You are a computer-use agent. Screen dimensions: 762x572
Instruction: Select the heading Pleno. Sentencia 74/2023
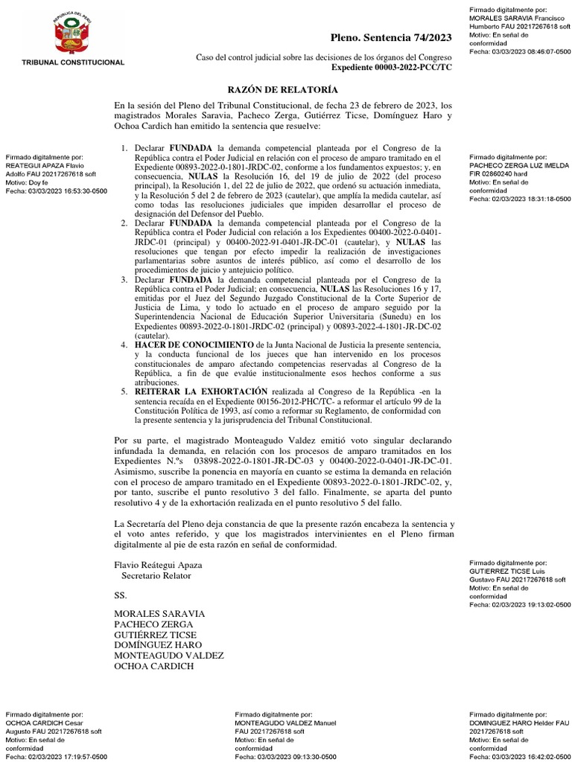pos(391,37)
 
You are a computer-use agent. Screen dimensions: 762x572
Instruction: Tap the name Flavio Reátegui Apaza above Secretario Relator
pos(157,565)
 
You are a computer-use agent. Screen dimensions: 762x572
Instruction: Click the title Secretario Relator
pos(156,575)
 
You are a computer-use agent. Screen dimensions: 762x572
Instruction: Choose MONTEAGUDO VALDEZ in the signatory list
pos(168,656)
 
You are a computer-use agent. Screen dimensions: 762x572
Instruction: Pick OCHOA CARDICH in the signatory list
pos(153,666)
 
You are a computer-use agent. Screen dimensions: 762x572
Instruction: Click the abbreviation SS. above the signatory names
pos(120,596)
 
